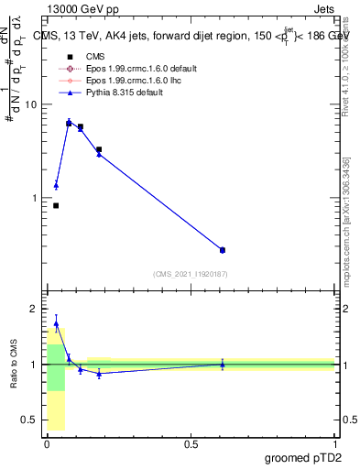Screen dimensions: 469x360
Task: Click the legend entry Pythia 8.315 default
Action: pyautogui.click(x=116, y=92)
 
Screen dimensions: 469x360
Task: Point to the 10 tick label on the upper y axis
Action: pyautogui.click(x=29, y=104)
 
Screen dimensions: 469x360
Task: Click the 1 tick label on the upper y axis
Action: pyautogui.click(x=32, y=198)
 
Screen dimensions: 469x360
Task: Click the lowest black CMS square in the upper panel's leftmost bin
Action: pyautogui.click(x=56, y=205)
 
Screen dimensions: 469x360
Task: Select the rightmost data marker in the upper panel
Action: pyautogui.click(x=223, y=250)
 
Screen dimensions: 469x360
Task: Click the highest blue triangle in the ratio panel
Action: pyautogui.click(x=56, y=323)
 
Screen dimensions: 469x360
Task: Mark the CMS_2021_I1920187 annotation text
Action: pyautogui.click(x=191, y=274)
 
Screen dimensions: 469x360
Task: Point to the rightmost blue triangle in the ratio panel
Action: pyautogui.click(x=223, y=364)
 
